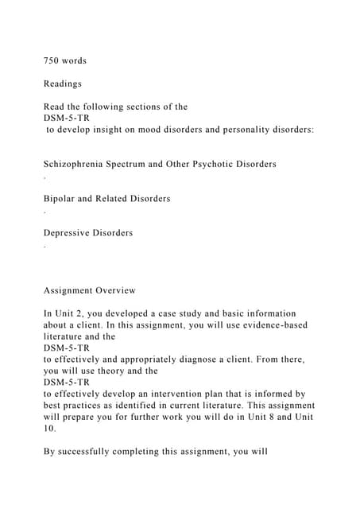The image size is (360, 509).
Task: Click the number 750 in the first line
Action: (52, 60)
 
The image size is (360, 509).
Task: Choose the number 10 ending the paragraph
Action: (49, 428)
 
